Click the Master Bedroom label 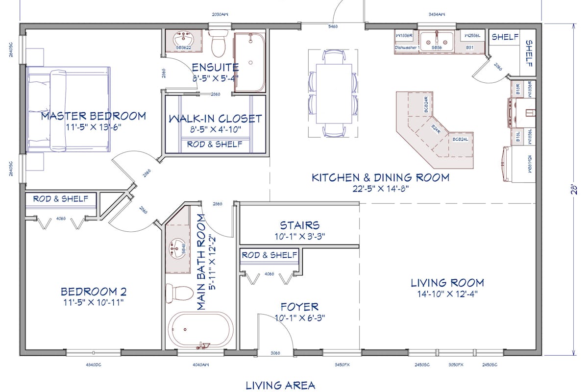coord(93,116)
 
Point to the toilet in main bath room coord(179,293)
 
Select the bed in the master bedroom coord(69,109)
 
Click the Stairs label coord(299,225)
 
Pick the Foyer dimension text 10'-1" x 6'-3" coord(299,318)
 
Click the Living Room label coord(447,283)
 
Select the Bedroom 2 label coord(94,292)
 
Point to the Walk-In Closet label coord(215,119)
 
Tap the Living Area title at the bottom coord(280,386)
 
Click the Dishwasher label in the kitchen coord(406,48)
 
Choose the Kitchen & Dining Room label coord(380,177)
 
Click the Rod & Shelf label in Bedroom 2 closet coord(61,199)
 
